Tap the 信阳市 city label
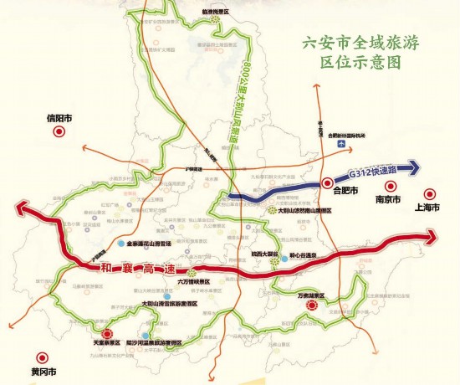tap(60, 117)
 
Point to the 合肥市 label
tap(345, 191)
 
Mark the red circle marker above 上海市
tap(429, 192)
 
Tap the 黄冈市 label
tap(40, 371)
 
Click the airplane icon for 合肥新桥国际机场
tap(340, 144)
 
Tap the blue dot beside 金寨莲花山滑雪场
tap(120, 244)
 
